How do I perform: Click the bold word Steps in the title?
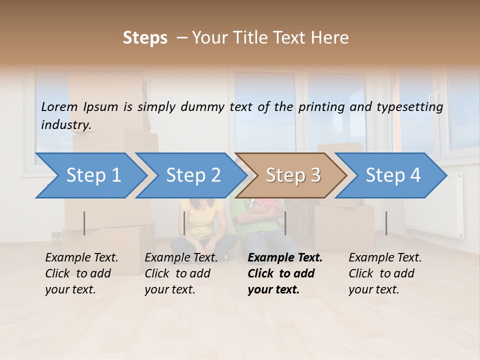point(145,38)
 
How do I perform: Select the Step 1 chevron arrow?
point(90,175)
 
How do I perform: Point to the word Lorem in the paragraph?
point(59,106)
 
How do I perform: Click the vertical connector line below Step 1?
point(84,223)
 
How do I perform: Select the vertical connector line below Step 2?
point(184,223)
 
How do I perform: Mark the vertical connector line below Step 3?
point(285,223)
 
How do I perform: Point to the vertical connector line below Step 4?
point(386,223)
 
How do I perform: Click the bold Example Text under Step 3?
point(285,258)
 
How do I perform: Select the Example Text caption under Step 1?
point(81,258)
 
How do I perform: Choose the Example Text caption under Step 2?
point(181,258)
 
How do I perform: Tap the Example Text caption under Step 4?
point(385,258)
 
